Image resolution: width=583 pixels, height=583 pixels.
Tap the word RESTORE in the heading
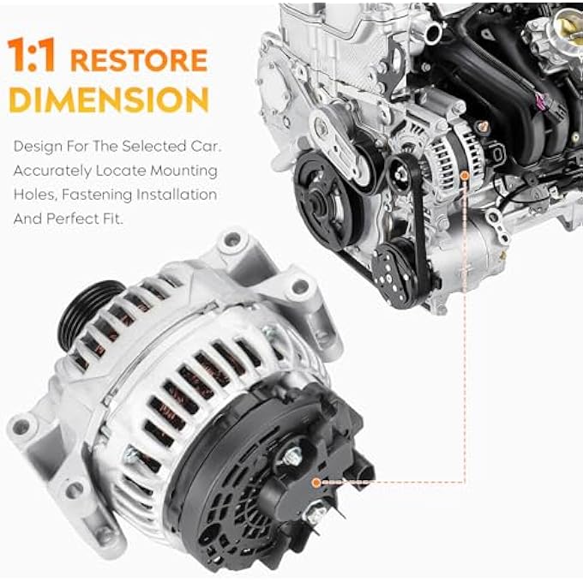point(139,60)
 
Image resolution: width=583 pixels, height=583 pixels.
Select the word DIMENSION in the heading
point(108,99)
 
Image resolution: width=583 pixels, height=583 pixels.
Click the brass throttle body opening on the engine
point(569,25)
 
